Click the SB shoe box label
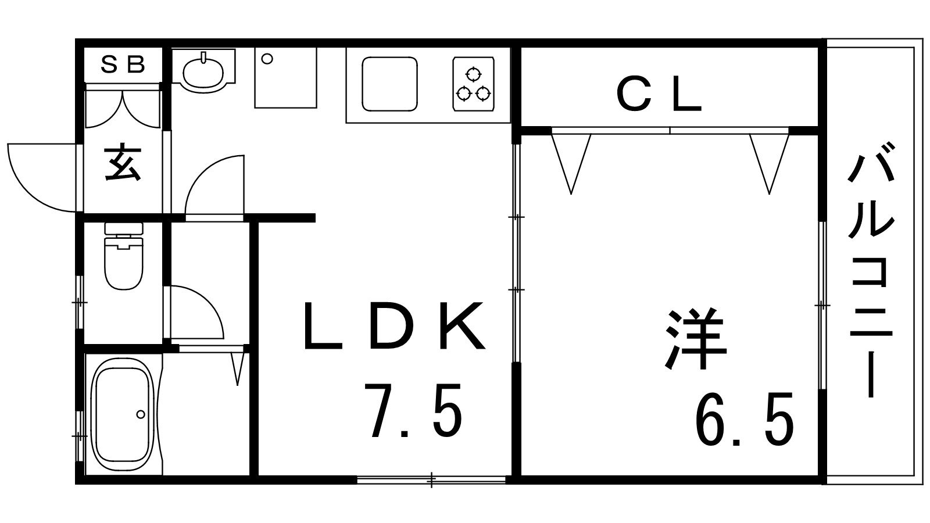click(x=123, y=65)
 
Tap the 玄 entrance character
click(x=123, y=163)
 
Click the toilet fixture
click(x=124, y=256)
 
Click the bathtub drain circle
click(x=141, y=414)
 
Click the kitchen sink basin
click(x=389, y=84)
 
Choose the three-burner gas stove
click(x=473, y=84)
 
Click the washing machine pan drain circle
click(x=267, y=59)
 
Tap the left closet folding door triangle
click(x=571, y=163)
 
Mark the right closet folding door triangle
click(x=770, y=163)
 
